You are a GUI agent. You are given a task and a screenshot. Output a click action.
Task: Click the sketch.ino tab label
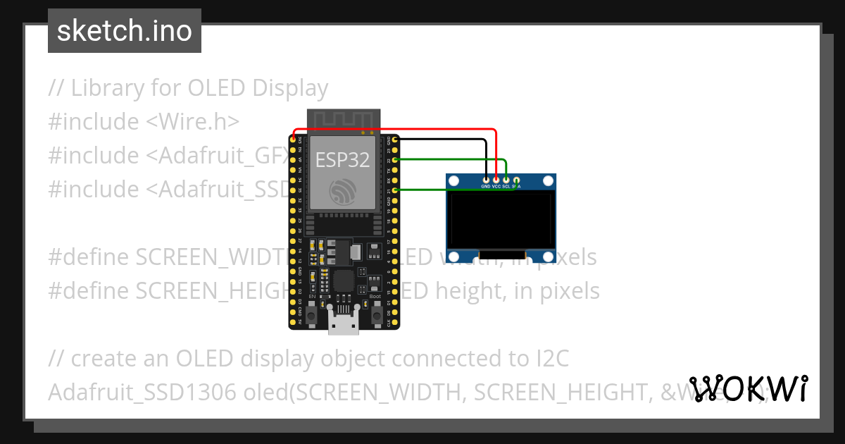[x=125, y=31]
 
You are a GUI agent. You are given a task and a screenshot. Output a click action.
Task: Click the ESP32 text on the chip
[x=342, y=160]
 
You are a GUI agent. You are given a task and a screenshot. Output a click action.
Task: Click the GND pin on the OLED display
[x=486, y=180]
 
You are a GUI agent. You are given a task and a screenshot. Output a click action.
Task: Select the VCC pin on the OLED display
[x=496, y=180]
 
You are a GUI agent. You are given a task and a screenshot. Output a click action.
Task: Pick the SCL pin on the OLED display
[x=506, y=180]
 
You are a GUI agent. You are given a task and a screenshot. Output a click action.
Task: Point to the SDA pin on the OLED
[x=516, y=180]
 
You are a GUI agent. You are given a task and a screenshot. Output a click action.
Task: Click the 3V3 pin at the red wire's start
[x=293, y=140]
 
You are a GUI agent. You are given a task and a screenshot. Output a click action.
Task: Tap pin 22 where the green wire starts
[x=395, y=160]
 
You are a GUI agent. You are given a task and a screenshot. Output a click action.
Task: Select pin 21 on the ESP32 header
[x=395, y=190]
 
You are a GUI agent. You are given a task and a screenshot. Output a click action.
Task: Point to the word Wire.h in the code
[x=193, y=122]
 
